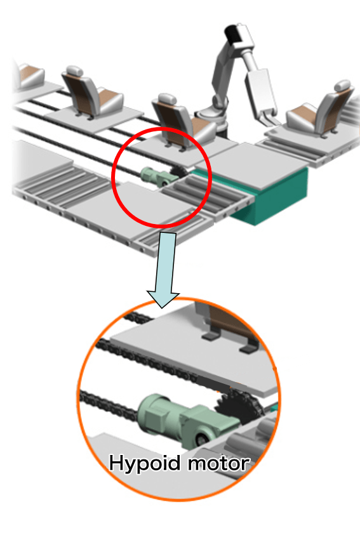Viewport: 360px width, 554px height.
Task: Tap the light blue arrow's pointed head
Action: [x=163, y=299]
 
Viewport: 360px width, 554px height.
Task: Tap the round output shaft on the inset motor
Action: [x=202, y=439]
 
